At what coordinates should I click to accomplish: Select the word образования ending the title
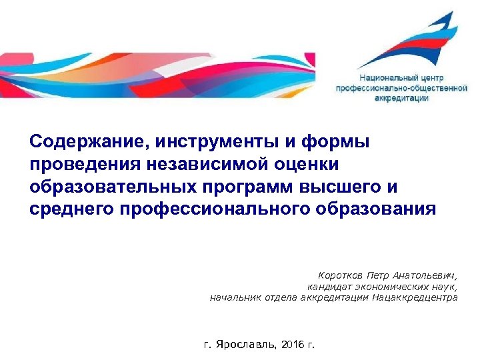[375, 209]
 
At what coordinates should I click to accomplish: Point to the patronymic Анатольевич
[423, 275]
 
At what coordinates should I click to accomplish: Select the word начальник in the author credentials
[235, 297]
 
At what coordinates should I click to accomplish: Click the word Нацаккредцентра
[415, 297]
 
